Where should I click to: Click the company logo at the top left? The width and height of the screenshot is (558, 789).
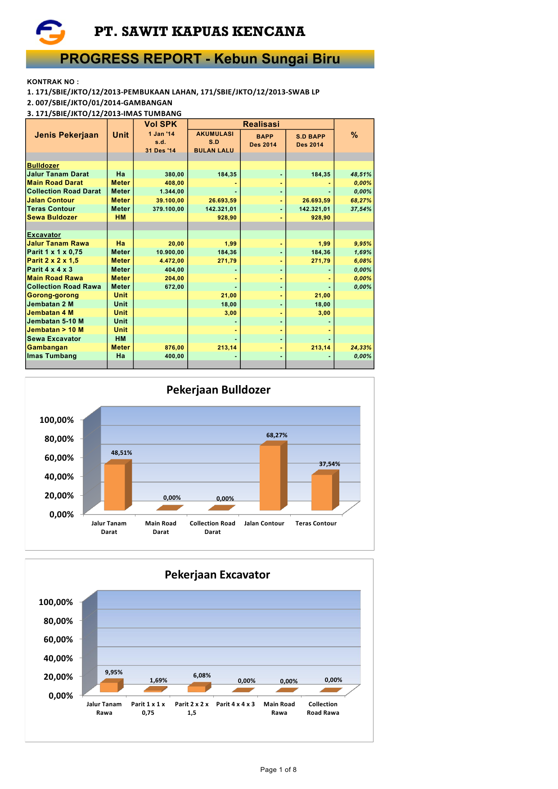pos(50,32)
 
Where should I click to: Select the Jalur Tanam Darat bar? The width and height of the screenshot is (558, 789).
pos(115,487)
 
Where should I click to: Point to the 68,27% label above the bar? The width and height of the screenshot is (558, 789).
pos(277,435)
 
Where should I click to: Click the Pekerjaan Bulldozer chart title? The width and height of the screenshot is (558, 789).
pos(218,390)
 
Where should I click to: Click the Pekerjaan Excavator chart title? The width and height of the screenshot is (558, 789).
pos(217,574)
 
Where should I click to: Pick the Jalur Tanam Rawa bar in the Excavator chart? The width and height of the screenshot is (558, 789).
pos(109,687)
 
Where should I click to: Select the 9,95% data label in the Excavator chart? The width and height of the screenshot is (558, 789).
pos(114,672)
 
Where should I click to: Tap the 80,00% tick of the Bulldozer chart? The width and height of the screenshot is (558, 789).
pos(59,439)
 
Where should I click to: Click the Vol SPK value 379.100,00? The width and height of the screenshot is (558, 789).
pos(168,209)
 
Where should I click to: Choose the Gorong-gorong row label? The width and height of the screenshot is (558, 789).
pos(53,295)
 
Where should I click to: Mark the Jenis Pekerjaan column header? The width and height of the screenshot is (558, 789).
pos(66,135)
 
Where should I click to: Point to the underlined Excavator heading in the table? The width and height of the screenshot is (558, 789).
pos(44,235)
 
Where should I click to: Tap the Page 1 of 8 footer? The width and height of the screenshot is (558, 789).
pos(278,769)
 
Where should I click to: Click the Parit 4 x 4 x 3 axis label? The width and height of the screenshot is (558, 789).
pos(235,704)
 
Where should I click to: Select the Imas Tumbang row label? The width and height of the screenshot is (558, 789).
pos(52,356)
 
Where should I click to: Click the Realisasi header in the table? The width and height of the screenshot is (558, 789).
pos(261,124)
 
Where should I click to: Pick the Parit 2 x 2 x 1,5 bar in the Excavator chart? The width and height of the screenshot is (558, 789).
pos(197,688)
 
